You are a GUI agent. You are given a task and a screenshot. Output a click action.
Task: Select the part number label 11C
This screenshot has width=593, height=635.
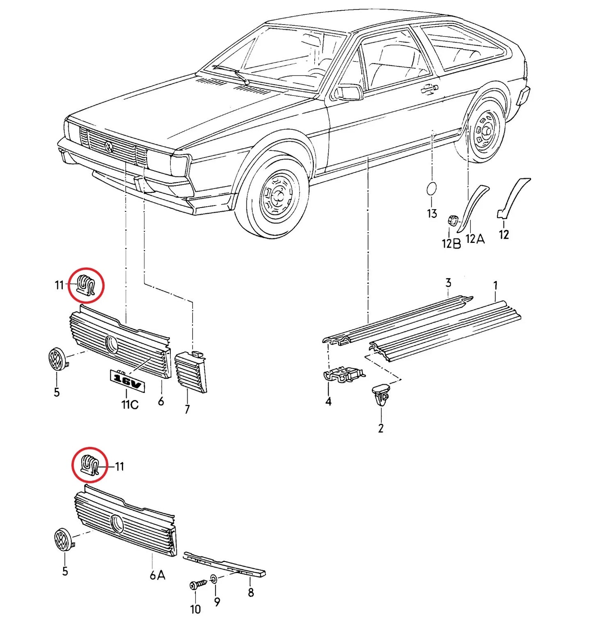coord(130,404)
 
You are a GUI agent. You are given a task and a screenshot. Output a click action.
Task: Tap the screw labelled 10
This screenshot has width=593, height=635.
coord(199,584)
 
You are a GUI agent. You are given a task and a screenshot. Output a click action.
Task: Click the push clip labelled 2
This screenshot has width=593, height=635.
coord(380,393)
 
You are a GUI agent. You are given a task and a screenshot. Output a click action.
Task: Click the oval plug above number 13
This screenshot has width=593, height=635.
coord(431,189)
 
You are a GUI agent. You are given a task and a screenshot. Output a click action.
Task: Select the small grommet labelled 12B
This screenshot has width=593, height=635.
coord(453,220)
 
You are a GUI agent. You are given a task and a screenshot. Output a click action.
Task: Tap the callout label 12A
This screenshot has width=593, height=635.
coord(475,239)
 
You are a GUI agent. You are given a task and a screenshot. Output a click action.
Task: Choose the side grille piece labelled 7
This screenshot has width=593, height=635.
coord(190,371)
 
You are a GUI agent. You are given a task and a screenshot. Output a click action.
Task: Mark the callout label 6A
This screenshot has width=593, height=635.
coord(157,575)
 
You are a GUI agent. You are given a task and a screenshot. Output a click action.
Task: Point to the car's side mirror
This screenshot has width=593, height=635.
coord(348,92)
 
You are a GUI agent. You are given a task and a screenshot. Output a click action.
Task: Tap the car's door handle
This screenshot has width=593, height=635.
coord(429,87)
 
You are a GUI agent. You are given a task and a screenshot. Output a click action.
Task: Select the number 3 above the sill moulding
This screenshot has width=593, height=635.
coord(448,283)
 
